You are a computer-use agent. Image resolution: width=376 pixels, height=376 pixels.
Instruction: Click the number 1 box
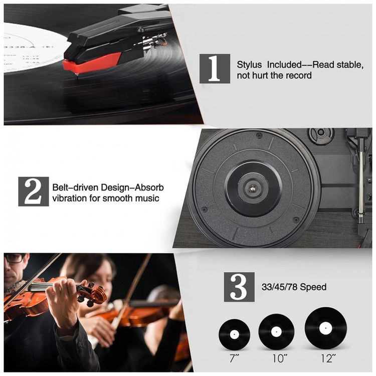click(215, 69)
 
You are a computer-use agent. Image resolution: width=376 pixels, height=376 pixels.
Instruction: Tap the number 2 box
click(34, 192)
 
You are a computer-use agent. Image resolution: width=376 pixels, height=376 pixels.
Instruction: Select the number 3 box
click(239, 287)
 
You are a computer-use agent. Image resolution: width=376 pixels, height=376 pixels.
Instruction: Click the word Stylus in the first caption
click(249, 65)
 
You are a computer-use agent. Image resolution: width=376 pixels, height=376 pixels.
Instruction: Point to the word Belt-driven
click(75, 187)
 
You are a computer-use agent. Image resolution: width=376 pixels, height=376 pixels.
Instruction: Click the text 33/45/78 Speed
click(294, 287)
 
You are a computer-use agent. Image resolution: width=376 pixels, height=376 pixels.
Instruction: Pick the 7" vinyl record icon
click(234, 334)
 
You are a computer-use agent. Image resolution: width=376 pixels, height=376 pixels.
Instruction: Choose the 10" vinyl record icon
click(276, 332)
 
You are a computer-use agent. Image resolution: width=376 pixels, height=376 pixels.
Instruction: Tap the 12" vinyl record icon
click(326, 327)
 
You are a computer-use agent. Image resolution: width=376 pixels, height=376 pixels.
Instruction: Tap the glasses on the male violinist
click(15, 259)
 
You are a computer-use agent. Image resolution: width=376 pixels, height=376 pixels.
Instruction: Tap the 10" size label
click(280, 358)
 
